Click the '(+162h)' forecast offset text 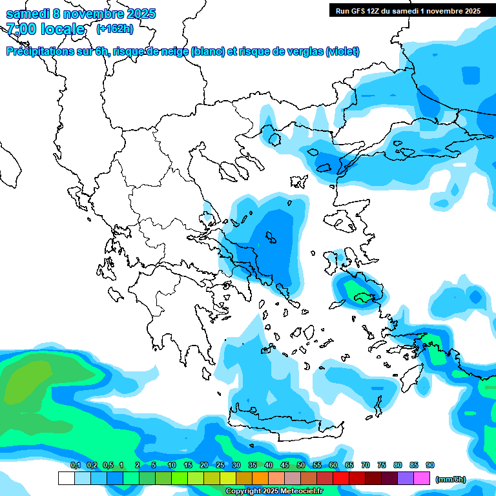[x=115, y=28]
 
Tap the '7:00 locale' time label [x=45, y=29]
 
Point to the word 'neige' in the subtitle [x=173, y=52]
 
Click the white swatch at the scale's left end [x=66, y=478]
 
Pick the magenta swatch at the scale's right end [x=421, y=478]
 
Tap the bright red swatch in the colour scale [x=340, y=478]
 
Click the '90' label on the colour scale [x=430, y=465]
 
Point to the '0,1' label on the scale [x=75, y=465]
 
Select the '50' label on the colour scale [x=300, y=465]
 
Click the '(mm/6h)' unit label [x=450, y=479]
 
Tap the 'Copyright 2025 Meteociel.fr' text [x=274, y=491]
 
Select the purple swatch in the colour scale [x=405, y=478]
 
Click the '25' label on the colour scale [x=220, y=465]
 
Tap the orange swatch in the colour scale [x=260, y=478]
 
